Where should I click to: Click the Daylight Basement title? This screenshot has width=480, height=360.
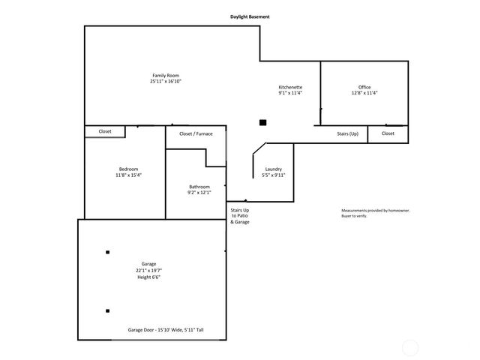pyautogui.click(x=250, y=16)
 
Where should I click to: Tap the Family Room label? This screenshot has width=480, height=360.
pyautogui.click(x=166, y=75)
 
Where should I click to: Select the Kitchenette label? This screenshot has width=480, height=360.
pyautogui.click(x=290, y=88)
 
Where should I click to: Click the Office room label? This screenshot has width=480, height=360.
pyautogui.click(x=364, y=88)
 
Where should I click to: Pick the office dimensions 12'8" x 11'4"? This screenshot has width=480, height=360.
pyautogui.click(x=364, y=94)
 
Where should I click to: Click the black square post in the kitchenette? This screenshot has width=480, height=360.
pyautogui.click(x=262, y=122)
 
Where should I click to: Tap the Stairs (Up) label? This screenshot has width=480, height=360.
pyautogui.click(x=347, y=133)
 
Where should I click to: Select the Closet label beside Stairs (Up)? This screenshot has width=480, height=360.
pyautogui.click(x=388, y=133)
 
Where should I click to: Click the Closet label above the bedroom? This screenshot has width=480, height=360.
pyautogui.click(x=105, y=131)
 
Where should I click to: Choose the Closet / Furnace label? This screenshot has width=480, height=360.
pyautogui.click(x=196, y=133)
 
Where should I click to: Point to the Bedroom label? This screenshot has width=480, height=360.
pyautogui.click(x=128, y=169)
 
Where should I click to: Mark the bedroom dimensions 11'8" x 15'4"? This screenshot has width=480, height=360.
pyautogui.click(x=128, y=175)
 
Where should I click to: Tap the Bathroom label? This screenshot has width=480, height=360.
pyautogui.click(x=199, y=187)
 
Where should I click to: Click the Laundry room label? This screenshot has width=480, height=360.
pyautogui.click(x=273, y=169)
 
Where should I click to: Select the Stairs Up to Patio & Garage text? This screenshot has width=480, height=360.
pyautogui.click(x=240, y=217)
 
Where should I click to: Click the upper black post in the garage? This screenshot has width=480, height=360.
pyautogui.click(x=108, y=252)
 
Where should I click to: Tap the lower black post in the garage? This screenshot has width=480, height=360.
pyautogui.click(x=108, y=310)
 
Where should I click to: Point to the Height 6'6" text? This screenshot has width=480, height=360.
pyautogui.click(x=148, y=277)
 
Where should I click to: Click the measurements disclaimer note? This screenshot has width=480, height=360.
pyautogui.click(x=376, y=213)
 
